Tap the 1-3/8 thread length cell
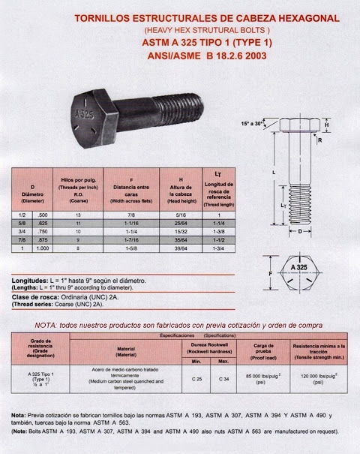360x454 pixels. tap(219, 232)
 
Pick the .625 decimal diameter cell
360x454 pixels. tap(43, 224)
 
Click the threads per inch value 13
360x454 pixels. tap(76, 215)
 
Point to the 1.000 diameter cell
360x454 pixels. tap(43, 248)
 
